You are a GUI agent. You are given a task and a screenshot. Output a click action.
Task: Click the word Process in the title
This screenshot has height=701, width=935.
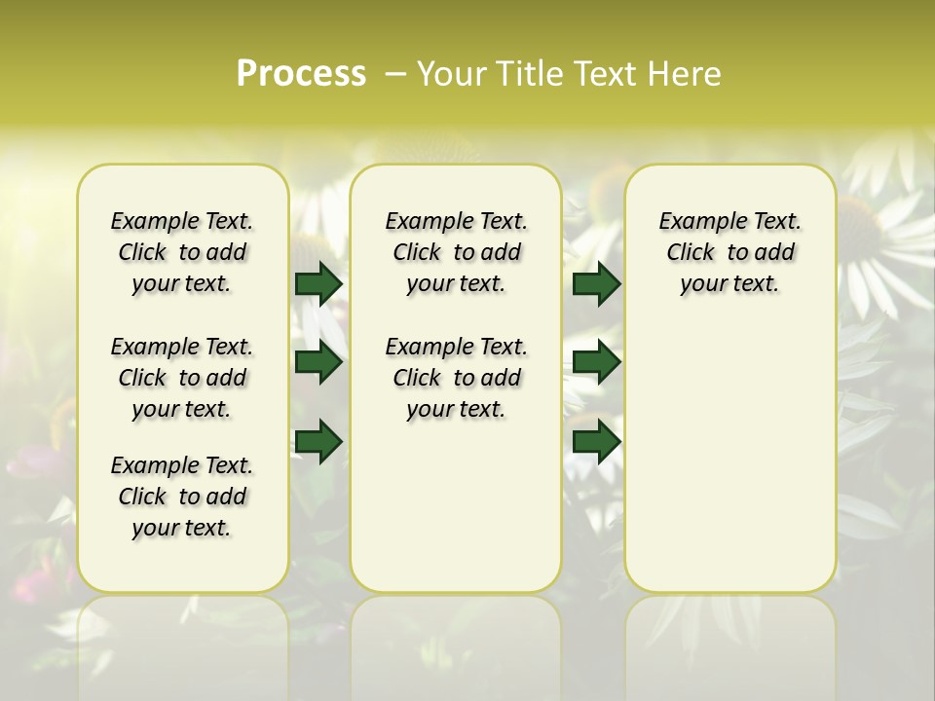click(x=301, y=73)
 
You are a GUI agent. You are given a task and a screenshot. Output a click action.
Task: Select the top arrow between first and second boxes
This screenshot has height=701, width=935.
click(x=318, y=283)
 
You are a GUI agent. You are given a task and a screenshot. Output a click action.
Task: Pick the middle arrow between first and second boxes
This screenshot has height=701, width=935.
click(x=318, y=362)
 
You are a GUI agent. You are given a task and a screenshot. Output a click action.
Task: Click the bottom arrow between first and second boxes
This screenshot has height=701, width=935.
click(x=318, y=442)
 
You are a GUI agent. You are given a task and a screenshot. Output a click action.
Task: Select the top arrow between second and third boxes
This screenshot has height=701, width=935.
click(x=596, y=283)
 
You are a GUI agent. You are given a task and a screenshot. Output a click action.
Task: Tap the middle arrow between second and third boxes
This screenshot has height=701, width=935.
click(x=596, y=362)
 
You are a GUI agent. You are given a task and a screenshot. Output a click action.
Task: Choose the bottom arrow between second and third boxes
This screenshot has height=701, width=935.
click(x=596, y=442)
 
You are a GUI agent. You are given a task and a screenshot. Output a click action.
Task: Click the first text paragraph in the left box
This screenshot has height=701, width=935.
click(x=182, y=252)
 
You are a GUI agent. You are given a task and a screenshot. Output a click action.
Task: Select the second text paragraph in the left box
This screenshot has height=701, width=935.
click(x=182, y=378)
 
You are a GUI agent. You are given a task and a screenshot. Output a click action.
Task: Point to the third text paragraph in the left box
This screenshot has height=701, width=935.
click(x=182, y=497)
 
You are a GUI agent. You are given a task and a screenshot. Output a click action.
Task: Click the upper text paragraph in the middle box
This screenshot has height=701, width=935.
click(x=457, y=252)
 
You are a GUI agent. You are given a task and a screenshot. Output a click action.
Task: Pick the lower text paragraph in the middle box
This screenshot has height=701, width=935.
click(x=457, y=378)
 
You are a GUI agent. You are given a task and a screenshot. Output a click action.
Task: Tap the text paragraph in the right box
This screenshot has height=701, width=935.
click(x=730, y=252)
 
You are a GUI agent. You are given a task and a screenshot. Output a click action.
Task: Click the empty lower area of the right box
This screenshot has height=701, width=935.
click(x=730, y=458)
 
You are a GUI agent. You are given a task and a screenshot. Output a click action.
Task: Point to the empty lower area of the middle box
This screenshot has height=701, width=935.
click(x=456, y=506)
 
